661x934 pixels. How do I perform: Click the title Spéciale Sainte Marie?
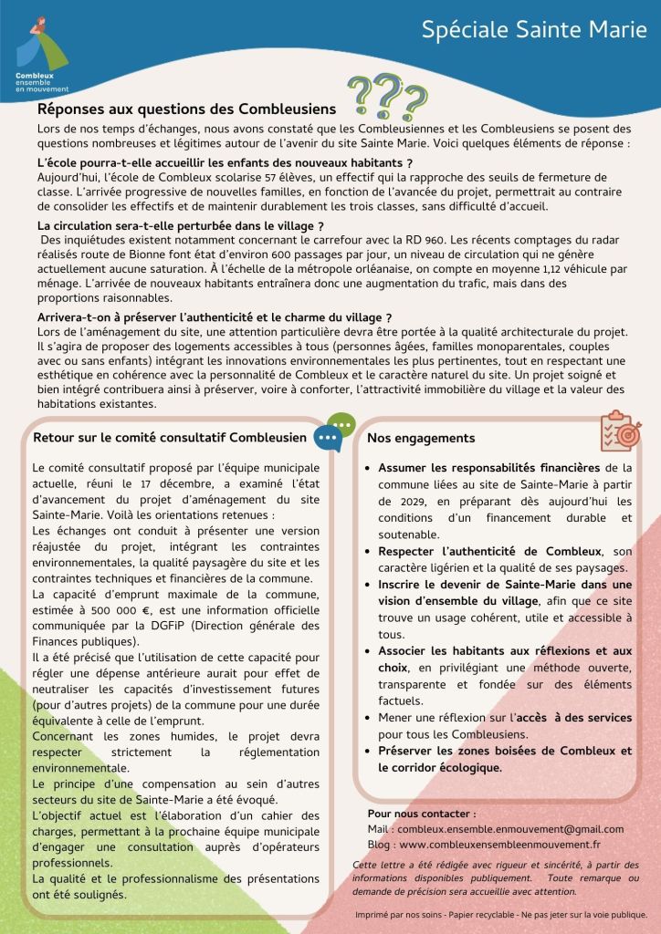[x=534, y=30]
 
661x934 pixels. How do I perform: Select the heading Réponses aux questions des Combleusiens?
[x=186, y=109]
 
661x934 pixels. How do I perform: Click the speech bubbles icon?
[x=334, y=431]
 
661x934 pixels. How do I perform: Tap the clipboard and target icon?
[x=620, y=431]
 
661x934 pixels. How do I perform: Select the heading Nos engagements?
[x=421, y=439]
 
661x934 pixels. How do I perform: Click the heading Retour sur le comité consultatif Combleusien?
[x=170, y=438]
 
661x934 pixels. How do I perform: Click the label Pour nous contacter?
[x=421, y=813]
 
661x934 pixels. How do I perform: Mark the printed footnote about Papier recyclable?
[x=502, y=914]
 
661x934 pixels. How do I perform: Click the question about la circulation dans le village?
[x=181, y=225]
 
